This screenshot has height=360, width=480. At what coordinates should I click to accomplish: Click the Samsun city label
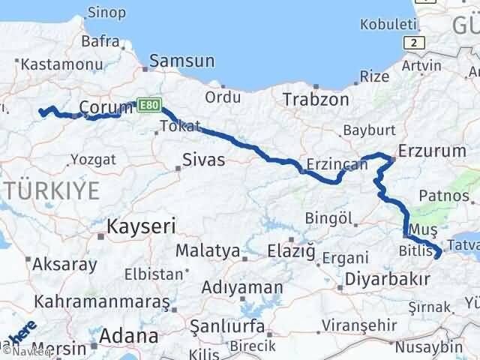[182, 61]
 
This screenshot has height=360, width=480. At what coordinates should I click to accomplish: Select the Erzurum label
[432, 150]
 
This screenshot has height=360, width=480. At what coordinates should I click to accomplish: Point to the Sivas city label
[203, 159]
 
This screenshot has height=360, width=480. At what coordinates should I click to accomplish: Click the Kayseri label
[140, 225]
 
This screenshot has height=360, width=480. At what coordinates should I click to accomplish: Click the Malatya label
[208, 250]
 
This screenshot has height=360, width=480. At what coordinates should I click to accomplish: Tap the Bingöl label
[328, 218]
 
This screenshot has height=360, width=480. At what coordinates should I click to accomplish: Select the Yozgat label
[92, 159]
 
